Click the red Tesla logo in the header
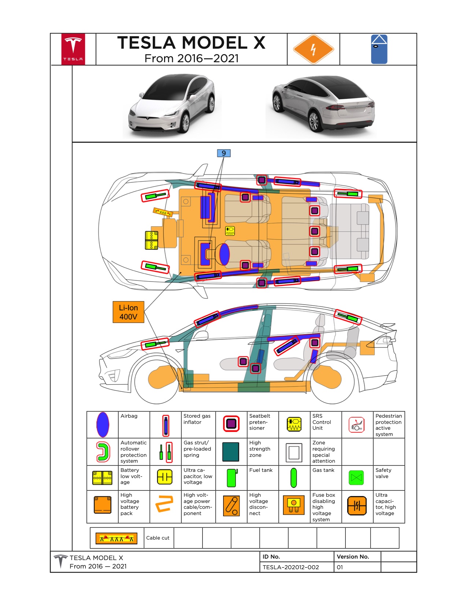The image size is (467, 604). coord(73,49)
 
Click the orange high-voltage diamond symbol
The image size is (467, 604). coord(313,49)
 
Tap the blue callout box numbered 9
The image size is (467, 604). coord(223,153)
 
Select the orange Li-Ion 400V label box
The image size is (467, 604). coord(128,312)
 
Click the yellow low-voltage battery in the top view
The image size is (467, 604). coord(151,240)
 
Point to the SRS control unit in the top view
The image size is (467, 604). coord(230,231)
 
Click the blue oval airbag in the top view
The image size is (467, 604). coord(224,254)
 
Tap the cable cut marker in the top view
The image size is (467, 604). coord(163,212)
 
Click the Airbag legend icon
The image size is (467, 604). coord(103,425)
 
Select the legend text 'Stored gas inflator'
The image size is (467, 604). coord(197,419)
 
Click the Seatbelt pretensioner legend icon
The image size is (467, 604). coord(231,424)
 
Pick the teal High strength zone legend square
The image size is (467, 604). coord(231,452)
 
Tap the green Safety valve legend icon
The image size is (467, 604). coord(356,478)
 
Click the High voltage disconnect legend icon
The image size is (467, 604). coord(231,506)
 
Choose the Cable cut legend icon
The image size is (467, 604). coord(116,538)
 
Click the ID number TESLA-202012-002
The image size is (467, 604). coord(290,567)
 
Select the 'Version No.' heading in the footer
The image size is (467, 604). coord(353,556)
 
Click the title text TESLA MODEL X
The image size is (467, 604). coord(191,43)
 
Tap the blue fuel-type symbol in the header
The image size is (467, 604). coord(379,49)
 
